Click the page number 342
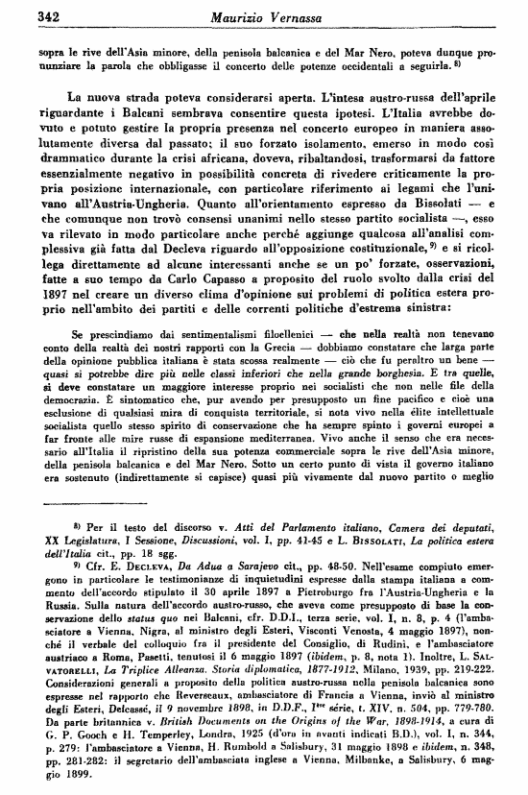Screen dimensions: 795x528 [24, 15]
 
